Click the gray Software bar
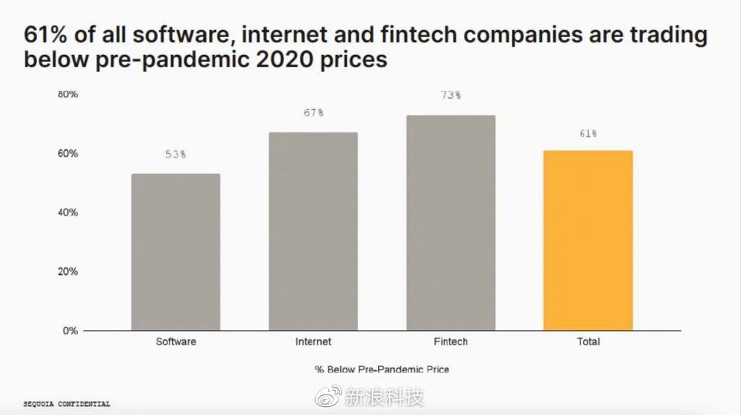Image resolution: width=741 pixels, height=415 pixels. coord(176,252)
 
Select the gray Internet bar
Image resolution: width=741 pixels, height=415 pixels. coord(314,231)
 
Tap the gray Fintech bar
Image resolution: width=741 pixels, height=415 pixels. coord(451,223)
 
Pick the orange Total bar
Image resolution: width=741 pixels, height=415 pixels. coord(588,240)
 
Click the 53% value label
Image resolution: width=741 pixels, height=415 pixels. coord(176,154)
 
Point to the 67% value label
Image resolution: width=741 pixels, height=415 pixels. coord(314,112)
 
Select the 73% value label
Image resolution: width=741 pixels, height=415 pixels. coord(451,95)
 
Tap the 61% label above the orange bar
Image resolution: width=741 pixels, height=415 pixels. coord(588,134)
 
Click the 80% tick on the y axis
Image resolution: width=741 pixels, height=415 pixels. coord(67,94)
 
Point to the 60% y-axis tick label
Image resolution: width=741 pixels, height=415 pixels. coord(67,153)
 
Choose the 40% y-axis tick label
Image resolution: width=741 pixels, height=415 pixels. coord(67,212)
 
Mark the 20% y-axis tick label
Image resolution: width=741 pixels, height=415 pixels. coord(67,271)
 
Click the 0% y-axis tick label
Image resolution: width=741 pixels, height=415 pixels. coord(71,331)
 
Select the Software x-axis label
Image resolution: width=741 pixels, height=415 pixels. coord(176,342)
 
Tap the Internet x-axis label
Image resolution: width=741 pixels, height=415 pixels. coord(314,342)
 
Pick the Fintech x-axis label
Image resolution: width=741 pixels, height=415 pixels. coord(451,342)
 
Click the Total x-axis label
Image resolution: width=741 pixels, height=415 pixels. coord(588,342)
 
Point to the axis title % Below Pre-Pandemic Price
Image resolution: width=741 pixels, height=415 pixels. coord(382,369)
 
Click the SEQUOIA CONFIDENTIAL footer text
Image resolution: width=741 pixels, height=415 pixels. coord(67,404)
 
